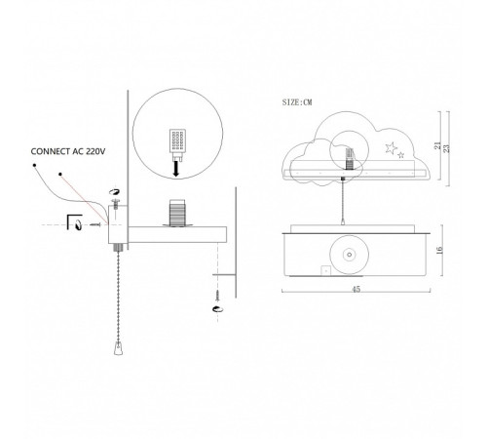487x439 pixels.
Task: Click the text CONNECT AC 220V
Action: coord(68,151)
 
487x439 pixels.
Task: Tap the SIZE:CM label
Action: coord(297,102)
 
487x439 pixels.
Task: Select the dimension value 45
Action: coord(356,289)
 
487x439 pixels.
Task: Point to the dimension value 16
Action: coord(439,251)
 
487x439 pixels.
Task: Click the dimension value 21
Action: coord(437,145)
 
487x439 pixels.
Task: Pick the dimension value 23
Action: coord(447,148)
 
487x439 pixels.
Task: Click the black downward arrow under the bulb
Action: coord(176,169)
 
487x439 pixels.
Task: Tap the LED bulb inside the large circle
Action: coord(177,144)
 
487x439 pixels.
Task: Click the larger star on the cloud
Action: coord(392,148)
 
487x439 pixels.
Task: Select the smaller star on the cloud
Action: coord(401,155)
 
